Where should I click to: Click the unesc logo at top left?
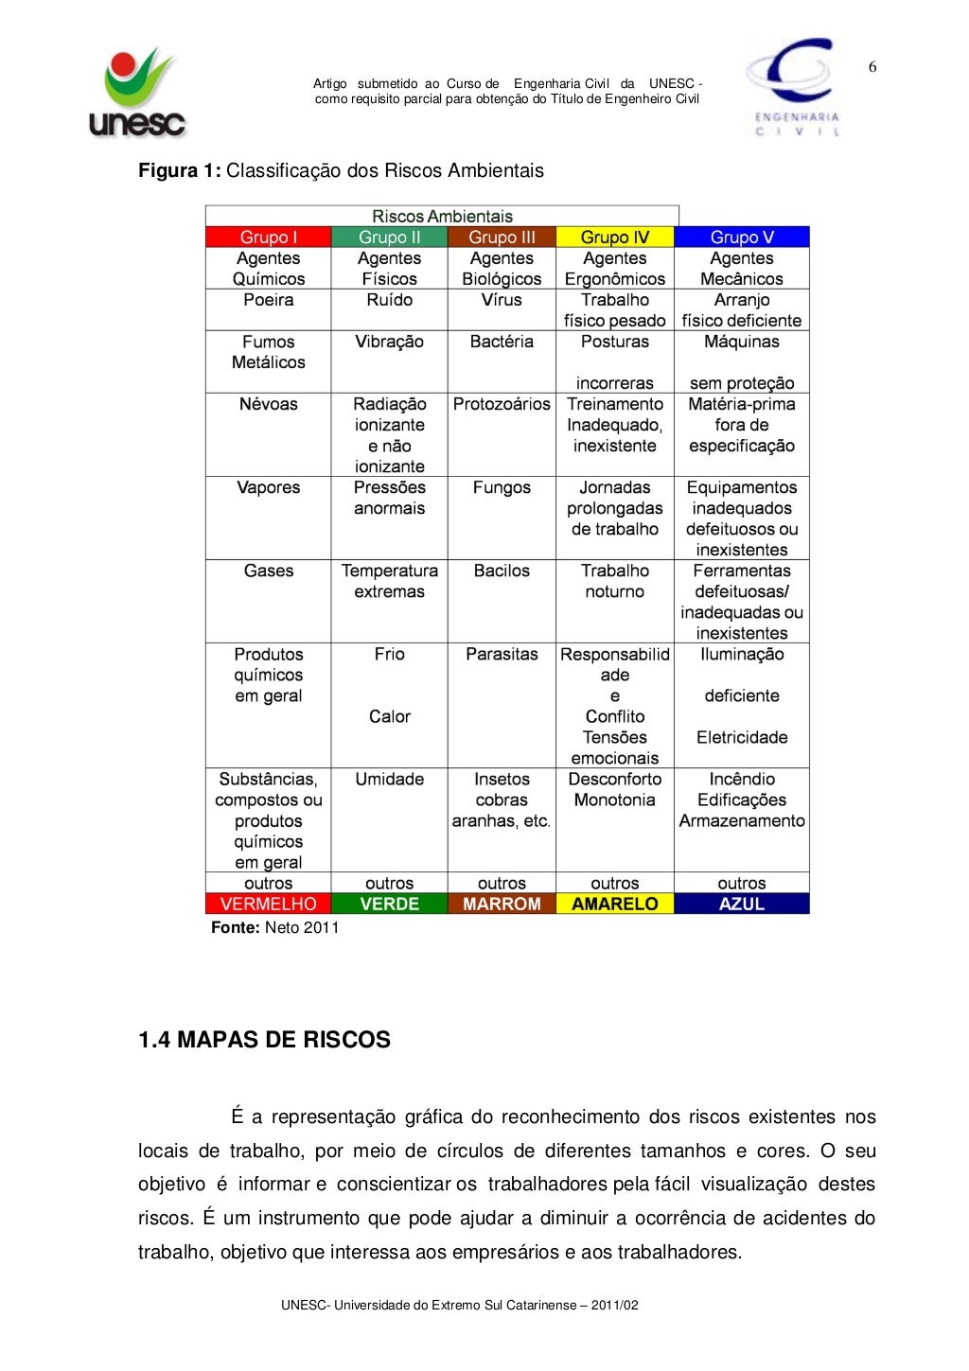coord(138,93)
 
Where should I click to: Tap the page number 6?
coord(872,67)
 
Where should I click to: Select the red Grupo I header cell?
coord(268,237)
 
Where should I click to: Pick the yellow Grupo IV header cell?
coord(614,237)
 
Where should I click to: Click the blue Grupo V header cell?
coord(742,237)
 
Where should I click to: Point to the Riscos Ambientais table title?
coord(442,217)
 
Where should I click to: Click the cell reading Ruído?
coord(389,300)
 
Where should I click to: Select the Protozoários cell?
coord(502,404)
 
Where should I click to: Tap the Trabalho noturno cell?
coord(614,581)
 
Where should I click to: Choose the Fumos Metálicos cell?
coord(268,352)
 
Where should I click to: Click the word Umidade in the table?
coord(389,779)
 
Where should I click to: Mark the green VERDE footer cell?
coord(389,904)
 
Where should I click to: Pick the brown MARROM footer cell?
coord(502,904)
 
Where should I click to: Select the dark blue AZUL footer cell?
coord(742,904)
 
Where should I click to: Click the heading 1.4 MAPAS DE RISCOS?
coord(264,1040)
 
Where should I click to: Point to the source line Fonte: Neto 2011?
coord(274,927)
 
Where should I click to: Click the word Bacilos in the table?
coord(502,571)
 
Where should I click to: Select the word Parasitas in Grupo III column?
coord(502,654)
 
